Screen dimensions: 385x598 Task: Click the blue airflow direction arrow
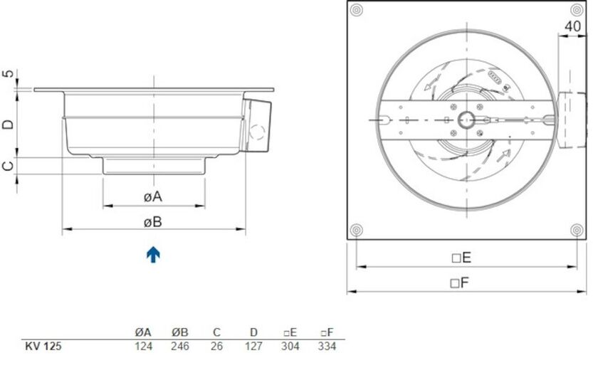[x=153, y=254]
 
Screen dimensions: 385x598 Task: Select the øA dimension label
[x=153, y=196]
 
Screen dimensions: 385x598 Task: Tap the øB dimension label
[x=153, y=222]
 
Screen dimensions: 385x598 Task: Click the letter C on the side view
[x=8, y=165]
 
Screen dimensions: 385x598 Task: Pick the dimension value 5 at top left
[x=8, y=75]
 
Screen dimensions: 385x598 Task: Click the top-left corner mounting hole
[x=357, y=10]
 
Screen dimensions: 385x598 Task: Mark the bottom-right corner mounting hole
[x=576, y=229]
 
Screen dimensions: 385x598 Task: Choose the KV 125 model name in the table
[x=43, y=347]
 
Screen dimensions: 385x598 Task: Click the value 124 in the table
[x=143, y=347]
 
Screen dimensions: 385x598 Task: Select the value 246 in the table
[x=180, y=347]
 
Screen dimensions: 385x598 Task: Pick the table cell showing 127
[x=253, y=347]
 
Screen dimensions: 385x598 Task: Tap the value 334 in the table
[x=326, y=347]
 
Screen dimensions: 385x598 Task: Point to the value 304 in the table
[x=290, y=347]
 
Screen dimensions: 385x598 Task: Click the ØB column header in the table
[x=180, y=332]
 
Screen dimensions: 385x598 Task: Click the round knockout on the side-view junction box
[x=257, y=132]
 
